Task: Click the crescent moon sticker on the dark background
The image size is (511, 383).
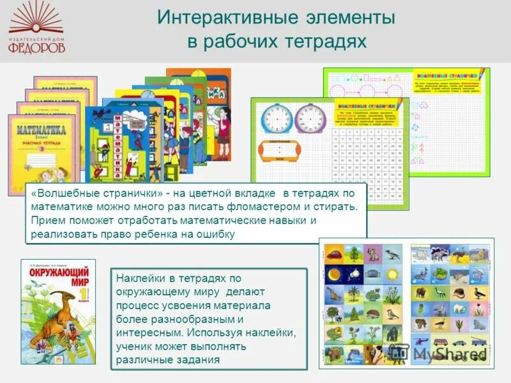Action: coord(335,275)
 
